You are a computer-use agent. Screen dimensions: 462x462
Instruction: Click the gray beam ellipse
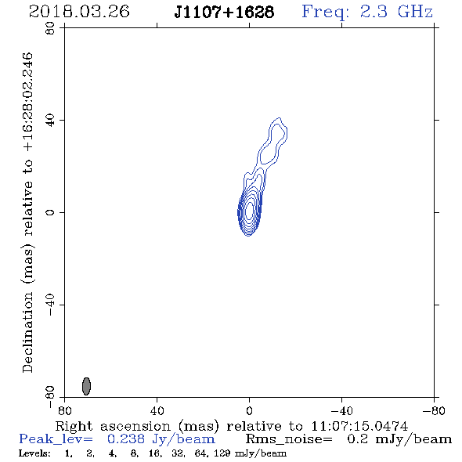coord(86,386)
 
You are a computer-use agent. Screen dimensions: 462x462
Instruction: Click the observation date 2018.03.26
coord(79,12)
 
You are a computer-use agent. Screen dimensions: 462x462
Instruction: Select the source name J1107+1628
coord(224,12)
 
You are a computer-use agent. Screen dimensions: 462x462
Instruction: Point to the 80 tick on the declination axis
coord(50,28)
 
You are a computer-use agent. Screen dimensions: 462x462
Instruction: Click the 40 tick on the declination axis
coord(50,121)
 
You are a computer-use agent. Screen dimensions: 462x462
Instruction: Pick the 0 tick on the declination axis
coord(50,212)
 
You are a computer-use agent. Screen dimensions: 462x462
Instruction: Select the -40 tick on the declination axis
coord(50,305)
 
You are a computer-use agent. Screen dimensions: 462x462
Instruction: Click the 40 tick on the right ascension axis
coord(157,411)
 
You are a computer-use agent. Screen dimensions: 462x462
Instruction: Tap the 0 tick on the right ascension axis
coord(249,411)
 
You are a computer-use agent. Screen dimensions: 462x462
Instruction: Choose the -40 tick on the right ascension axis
coord(341,411)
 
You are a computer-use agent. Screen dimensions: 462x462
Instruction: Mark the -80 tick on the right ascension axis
coord(434,411)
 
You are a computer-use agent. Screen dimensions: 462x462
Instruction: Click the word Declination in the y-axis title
coord(27,332)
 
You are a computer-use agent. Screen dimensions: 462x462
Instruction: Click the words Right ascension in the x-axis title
coord(113,426)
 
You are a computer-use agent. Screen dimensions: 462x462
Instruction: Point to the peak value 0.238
coord(126,439)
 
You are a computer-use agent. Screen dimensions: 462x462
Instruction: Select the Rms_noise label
coord(289,439)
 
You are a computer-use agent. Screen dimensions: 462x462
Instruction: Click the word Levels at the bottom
coord(34,453)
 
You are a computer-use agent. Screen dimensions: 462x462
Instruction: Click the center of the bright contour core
coord(249,211)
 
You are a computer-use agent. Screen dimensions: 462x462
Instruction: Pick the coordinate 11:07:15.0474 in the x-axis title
coord(359,426)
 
